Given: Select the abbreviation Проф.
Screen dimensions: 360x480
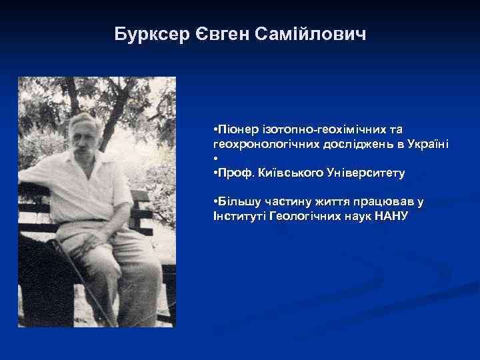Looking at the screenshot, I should [x=231, y=173].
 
